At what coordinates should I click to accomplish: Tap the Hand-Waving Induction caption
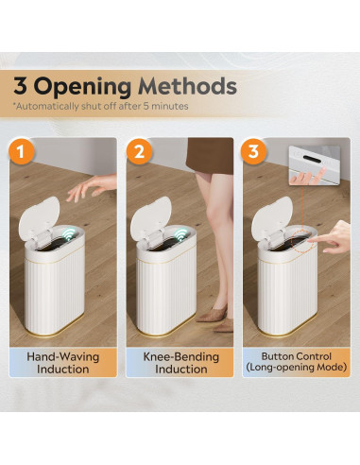(x=64, y=363)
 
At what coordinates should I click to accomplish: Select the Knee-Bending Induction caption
(x=180, y=363)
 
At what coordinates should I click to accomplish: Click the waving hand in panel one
(x=90, y=188)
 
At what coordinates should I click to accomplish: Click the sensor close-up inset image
(x=310, y=163)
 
